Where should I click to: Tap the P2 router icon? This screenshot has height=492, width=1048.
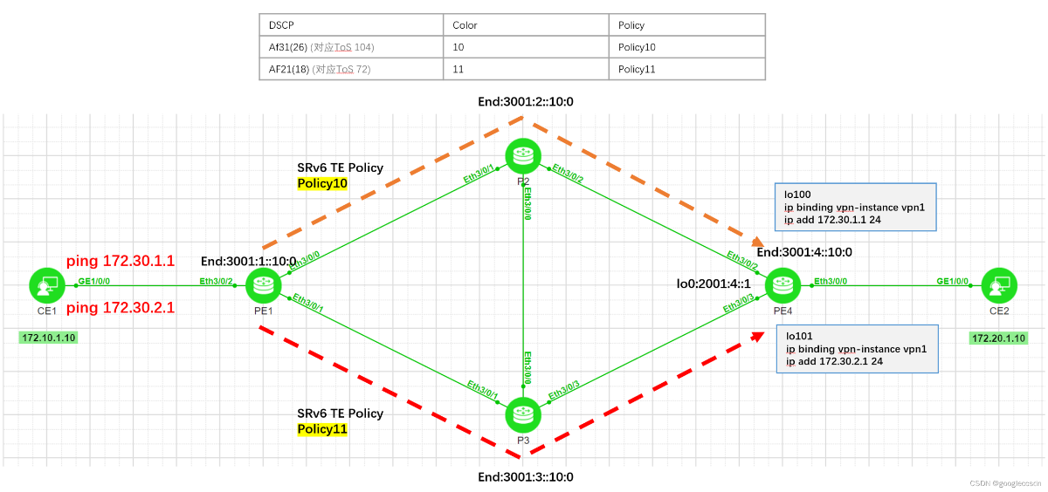(x=523, y=155)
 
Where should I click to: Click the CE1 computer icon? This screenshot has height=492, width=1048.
(x=46, y=285)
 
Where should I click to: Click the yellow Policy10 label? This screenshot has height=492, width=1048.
(x=323, y=183)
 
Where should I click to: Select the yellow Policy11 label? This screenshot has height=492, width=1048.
(x=322, y=429)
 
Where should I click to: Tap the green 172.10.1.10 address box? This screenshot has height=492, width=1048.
(x=48, y=338)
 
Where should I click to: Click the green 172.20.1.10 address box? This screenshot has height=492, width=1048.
(x=998, y=338)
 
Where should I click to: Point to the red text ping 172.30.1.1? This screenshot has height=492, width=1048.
(x=121, y=261)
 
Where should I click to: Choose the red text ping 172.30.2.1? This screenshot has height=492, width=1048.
(x=121, y=308)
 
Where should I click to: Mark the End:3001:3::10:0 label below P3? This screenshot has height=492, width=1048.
(x=525, y=477)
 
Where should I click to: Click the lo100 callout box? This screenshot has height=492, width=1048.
(x=856, y=207)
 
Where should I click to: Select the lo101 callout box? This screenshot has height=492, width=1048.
(x=856, y=349)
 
